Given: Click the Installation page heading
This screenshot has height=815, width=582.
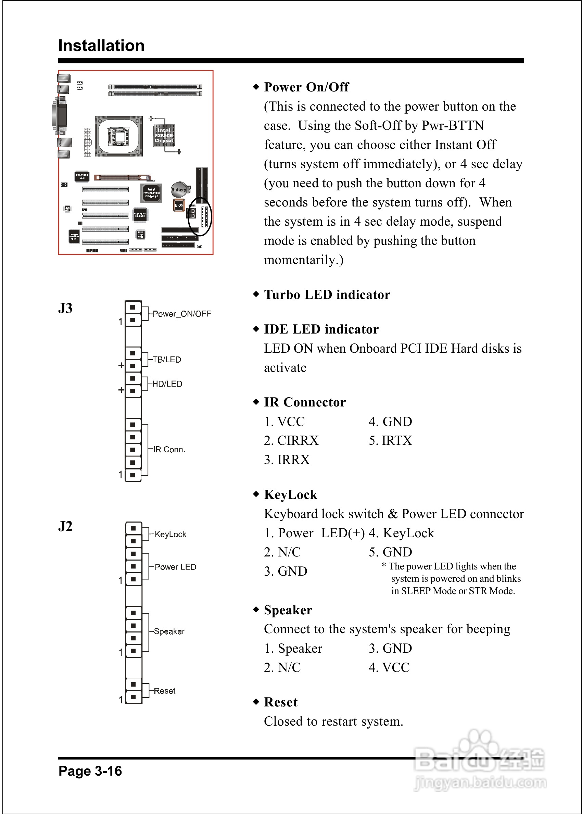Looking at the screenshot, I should pos(101,46).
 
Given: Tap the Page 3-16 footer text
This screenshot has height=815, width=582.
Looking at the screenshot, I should pos(90,770).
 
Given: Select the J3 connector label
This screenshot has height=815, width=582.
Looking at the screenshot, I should pos(65,308).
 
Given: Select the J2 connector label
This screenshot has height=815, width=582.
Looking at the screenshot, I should pos(65,526).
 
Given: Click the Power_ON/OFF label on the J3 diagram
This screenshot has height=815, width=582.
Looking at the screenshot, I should pos(182,314).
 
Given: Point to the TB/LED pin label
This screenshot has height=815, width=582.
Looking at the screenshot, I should pos(167,360).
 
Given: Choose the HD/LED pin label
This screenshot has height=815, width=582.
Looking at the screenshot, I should pos(167,384).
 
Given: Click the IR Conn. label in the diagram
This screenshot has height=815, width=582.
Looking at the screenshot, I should pos(169,449).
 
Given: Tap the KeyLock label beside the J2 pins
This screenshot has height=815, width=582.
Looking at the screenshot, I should pos(170,535).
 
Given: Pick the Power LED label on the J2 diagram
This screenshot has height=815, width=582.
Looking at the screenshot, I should pos(175,567).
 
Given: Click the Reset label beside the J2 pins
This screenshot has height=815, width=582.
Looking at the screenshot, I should pos(164,691).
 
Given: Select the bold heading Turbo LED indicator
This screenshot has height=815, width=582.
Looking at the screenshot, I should pos(327,294).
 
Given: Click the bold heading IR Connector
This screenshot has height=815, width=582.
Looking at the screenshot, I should pos(305,402).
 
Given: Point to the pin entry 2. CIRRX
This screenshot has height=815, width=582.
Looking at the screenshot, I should pos(291,440).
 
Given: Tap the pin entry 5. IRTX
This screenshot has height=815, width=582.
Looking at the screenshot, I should pos(390,440).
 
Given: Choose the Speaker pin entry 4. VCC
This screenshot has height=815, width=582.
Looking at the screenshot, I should pos(389,667).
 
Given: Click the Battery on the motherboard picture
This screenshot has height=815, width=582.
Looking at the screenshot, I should pos(178,189).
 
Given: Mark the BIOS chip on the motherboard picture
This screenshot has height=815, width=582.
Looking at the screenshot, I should pos(178,205).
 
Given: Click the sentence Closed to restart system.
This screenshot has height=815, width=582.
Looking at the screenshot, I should pos(333,722).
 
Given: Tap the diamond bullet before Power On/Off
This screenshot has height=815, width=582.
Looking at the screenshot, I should pos(256,87).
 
